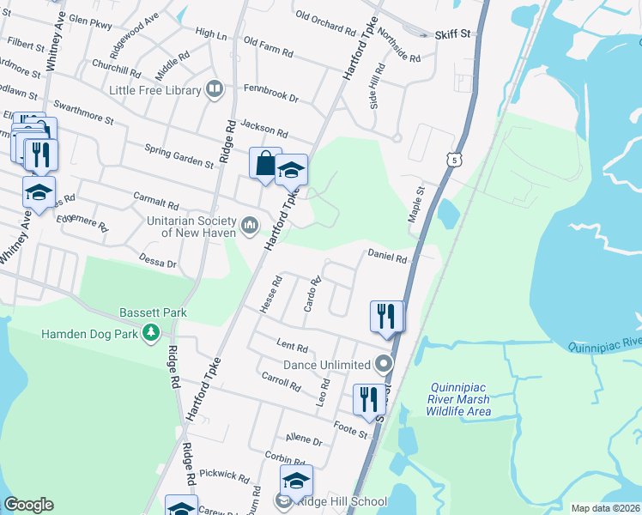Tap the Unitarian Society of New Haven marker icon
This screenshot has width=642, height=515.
pos(250,226)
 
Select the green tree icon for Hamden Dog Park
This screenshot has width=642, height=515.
pos(152,331)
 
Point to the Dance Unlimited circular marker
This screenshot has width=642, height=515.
pos(384,365)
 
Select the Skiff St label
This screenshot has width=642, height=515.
pos(453,33)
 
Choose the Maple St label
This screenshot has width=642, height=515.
pos(416,206)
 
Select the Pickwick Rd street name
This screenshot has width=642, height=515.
pos(223,474)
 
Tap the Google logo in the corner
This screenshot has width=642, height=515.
pos(28,505)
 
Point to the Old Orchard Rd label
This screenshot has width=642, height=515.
pos(325,21)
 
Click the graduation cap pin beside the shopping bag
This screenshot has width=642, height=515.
pos(292,169)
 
